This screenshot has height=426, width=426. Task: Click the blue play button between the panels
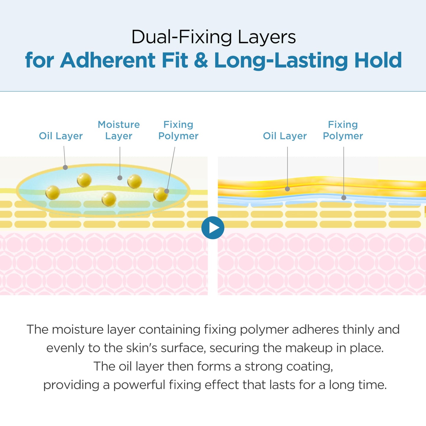[213, 228]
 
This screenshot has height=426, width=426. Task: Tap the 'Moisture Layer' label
[119, 130]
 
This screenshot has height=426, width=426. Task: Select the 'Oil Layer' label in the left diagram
[61, 136]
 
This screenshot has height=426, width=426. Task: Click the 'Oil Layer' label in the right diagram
[285, 136]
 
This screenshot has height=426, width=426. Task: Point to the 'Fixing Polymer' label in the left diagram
[178, 130]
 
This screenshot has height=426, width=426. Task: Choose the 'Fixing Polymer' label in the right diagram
[343, 130]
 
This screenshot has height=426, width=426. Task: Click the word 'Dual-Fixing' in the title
[182, 37]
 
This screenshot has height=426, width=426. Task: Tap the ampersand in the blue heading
[201, 60]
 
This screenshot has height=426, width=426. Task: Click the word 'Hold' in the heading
[378, 60]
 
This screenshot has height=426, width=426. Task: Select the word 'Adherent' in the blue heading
[108, 60]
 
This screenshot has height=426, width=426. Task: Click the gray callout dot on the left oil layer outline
[65, 167]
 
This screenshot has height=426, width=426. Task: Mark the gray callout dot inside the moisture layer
[120, 178]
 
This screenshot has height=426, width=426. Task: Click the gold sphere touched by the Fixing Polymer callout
[161, 195]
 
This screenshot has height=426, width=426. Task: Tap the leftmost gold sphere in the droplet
[52, 193]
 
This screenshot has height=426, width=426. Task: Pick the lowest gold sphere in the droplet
[109, 199]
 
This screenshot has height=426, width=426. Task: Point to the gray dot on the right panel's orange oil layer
[287, 189]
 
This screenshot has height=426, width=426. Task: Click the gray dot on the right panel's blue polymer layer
[344, 198]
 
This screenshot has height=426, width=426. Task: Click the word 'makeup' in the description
[309, 348]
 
